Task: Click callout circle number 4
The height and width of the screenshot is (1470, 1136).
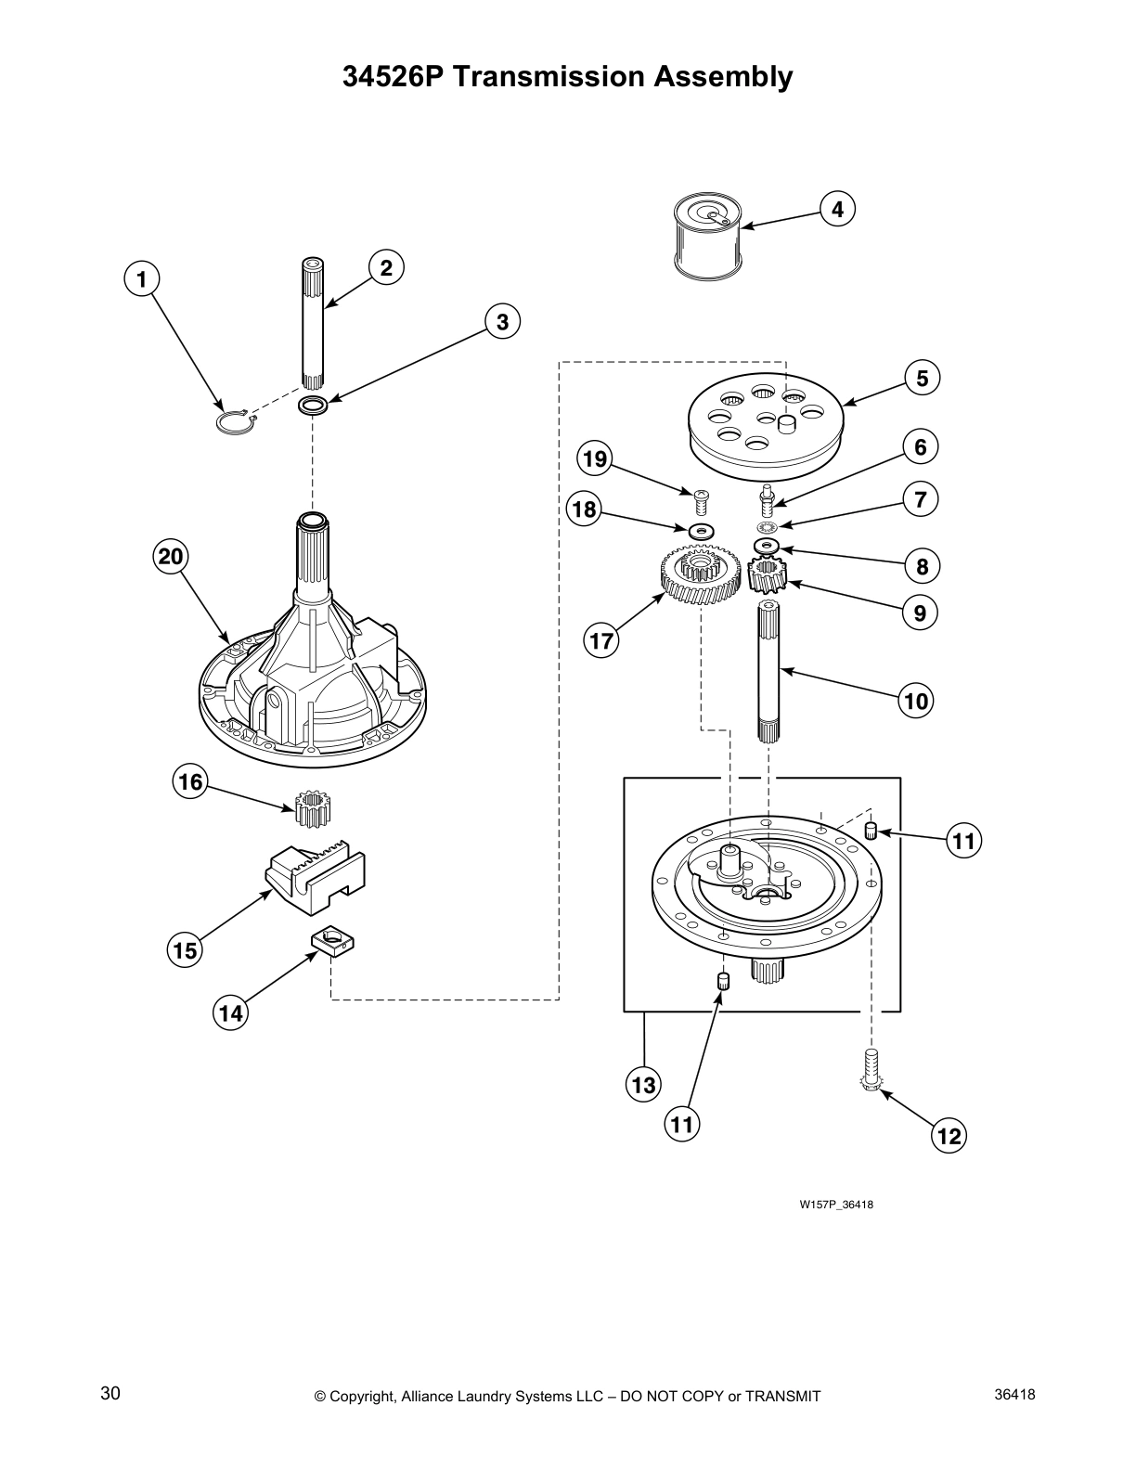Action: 837,210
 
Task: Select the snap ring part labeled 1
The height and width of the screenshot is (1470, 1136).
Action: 235,422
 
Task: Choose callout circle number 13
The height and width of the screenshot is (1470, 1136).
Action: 644,1084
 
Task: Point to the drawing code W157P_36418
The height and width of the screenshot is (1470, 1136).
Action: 836,1205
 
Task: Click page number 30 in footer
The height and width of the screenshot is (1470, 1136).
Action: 110,1394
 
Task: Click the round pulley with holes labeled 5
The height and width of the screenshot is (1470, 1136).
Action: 765,422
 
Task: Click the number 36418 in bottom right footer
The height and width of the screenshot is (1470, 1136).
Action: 1014,1394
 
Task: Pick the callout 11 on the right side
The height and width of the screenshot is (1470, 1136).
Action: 963,841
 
